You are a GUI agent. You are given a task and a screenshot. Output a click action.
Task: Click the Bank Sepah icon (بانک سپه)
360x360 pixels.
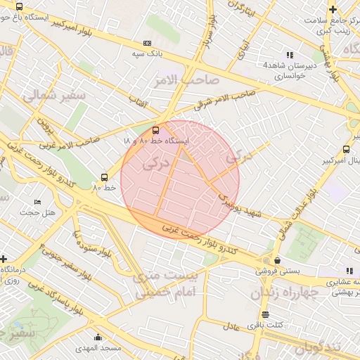click(x=147, y=43)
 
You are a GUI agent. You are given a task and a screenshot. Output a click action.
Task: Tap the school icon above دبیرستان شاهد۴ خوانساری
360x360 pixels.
click(x=289, y=55)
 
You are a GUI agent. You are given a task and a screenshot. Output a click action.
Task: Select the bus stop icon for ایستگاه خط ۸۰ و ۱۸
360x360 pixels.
click(x=156, y=129)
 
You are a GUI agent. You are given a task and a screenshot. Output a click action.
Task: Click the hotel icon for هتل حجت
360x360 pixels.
click(x=37, y=202)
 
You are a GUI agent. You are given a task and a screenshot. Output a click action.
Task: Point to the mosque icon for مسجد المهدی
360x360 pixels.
click(x=98, y=337)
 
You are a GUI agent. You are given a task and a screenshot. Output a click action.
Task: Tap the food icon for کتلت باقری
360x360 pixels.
click(x=265, y=314)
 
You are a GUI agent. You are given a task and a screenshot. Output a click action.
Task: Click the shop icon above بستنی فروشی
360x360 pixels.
click(x=277, y=259)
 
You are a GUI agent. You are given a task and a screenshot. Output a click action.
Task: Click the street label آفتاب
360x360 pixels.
click(x=136, y=102)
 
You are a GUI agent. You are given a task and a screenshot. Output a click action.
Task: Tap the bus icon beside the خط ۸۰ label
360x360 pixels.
click(x=104, y=177)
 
